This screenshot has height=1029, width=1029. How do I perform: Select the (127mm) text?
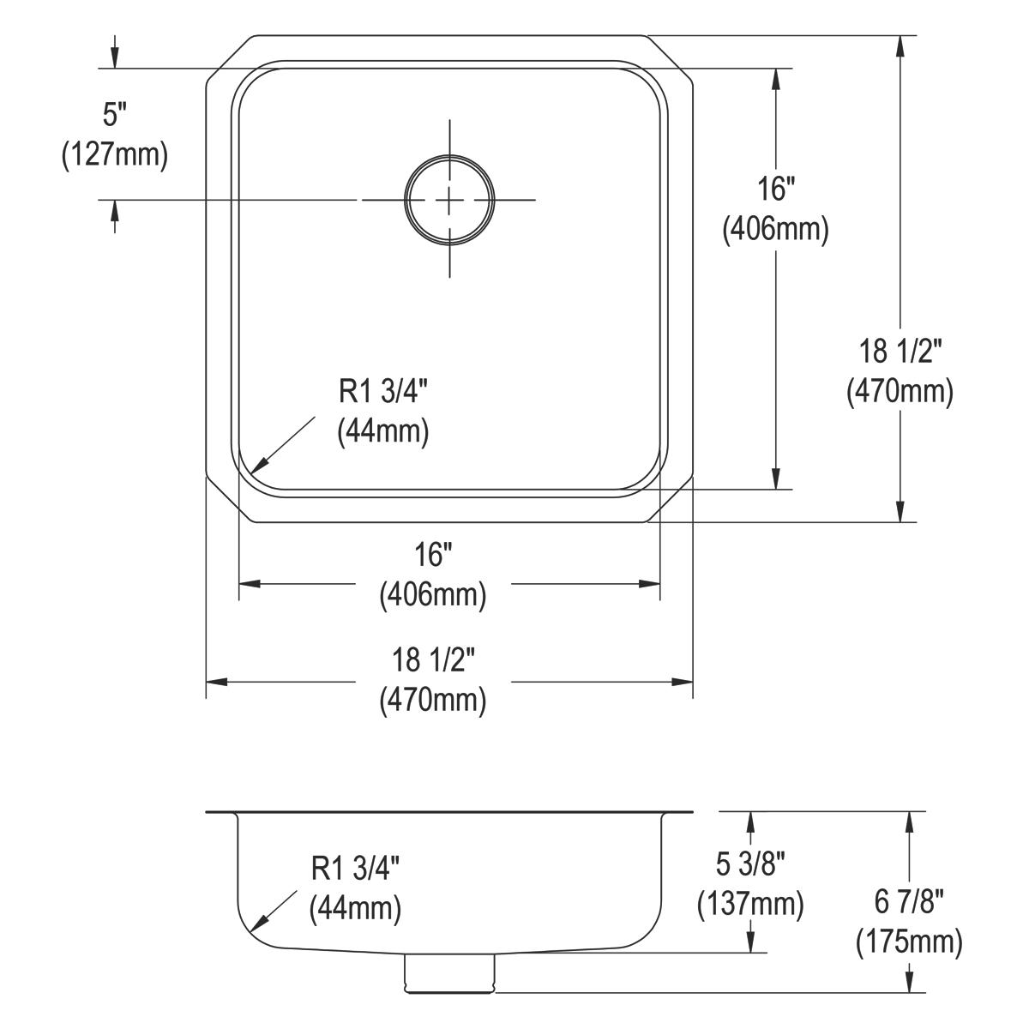pyautogui.click(x=114, y=155)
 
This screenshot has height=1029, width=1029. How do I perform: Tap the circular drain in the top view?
pyautogui.click(x=449, y=200)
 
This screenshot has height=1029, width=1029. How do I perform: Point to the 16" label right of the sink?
pyautogui.click(x=775, y=188)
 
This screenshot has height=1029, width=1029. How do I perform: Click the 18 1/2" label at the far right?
pyautogui.click(x=900, y=351)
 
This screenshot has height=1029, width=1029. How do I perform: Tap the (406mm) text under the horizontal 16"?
pyautogui.click(x=433, y=595)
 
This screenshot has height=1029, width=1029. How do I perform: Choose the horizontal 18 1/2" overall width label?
pyautogui.click(x=433, y=660)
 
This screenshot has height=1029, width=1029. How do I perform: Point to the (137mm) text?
pyautogui.click(x=750, y=902)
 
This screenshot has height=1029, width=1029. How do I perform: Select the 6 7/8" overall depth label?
pyautogui.click(x=908, y=901)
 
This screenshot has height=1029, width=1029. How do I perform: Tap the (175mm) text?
pyautogui.click(x=908, y=942)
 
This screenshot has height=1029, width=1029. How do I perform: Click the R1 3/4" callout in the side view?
pyautogui.click(x=355, y=869)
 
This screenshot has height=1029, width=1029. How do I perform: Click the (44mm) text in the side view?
pyautogui.click(x=355, y=908)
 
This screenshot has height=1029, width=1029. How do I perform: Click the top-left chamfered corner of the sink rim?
pyautogui.click(x=229, y=59)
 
